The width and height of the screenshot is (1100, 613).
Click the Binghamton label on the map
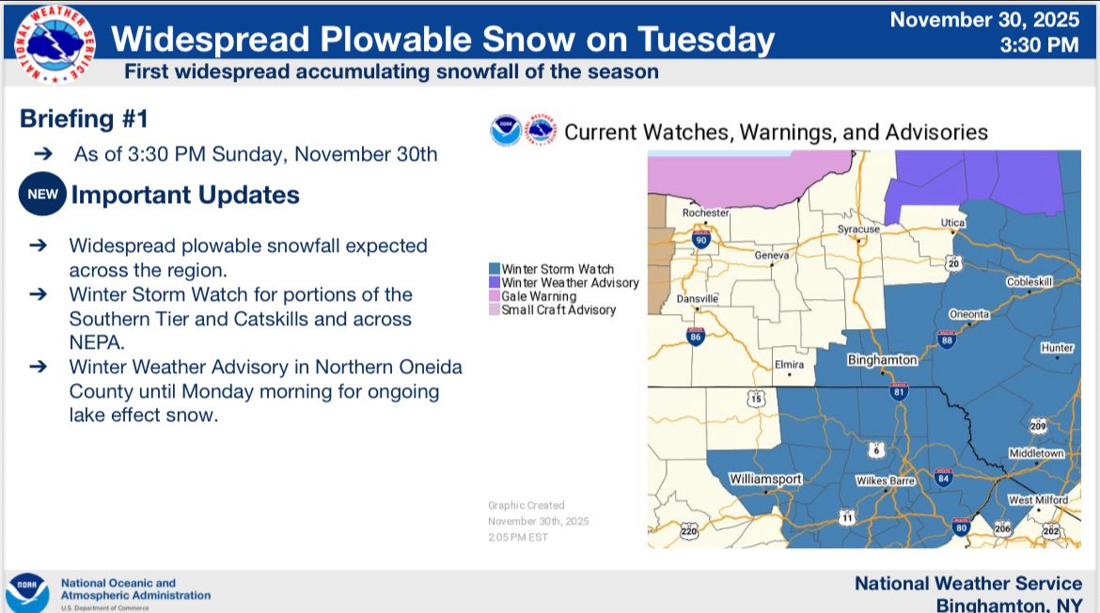882,360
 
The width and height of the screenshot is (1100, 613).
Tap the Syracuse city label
858,229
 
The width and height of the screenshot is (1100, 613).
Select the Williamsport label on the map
764,479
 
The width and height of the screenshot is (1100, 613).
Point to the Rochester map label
706,212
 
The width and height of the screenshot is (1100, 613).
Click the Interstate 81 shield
899,391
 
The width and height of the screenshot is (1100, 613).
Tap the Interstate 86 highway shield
695,336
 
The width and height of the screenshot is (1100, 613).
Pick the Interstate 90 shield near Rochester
700,239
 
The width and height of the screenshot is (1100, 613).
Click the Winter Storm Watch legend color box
495,269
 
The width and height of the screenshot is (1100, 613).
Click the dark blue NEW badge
43,194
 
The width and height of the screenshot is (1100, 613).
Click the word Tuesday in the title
706,40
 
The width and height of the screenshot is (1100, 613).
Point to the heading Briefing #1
85,118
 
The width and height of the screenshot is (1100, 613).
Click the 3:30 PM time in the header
1039,45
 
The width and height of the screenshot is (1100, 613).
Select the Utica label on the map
952,222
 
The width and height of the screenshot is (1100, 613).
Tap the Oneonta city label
968,314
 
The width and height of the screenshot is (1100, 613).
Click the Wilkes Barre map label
886,480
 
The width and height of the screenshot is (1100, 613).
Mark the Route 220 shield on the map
689,531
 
